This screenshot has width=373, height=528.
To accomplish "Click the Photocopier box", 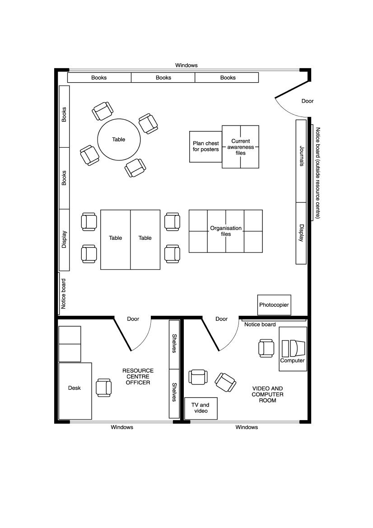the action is [x=274, y=305].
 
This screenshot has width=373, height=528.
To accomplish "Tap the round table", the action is [x=119, y=140].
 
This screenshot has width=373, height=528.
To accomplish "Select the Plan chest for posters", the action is [x=205, y=147].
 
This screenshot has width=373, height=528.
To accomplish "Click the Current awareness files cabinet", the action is [x=240, y=147].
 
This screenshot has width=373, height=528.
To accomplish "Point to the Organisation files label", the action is [x=226, y=231].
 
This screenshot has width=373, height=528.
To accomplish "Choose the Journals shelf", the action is [x=301, y=161].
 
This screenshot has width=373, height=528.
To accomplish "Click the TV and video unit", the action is [x=201, y=408].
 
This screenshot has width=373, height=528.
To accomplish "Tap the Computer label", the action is [x=292, y=360].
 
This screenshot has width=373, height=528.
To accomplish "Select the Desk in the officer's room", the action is [x=75, y=391].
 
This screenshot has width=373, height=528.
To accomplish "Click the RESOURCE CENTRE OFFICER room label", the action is [x=138, y=377].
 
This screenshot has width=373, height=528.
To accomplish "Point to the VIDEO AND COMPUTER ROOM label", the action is [x=268, y=394].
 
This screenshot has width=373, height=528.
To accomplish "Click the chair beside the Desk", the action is [x=104, y=388].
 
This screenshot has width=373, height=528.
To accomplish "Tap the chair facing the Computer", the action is [x=266, y=348].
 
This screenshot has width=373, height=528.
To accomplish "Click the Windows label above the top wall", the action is [x=186, y=65].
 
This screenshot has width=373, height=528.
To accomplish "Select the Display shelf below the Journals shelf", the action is [x=301, y=233].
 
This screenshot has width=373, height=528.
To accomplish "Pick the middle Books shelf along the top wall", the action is [x=163, y=77].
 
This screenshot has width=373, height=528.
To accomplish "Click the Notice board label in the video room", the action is [x=260, y=325].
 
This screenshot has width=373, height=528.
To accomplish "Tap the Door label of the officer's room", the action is [x=133, y=319].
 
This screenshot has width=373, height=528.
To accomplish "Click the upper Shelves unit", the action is [x=174, y=345].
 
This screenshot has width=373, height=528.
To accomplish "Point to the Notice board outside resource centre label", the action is [x=318, y=173].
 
